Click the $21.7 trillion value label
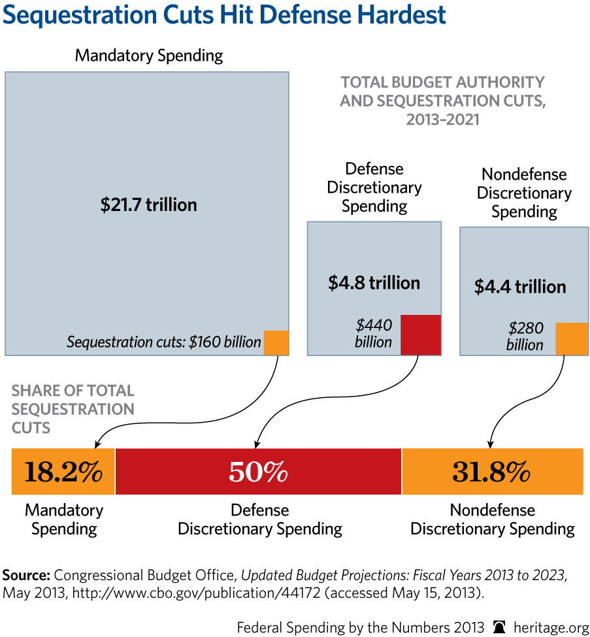pyautogui.click(x=148, y=205)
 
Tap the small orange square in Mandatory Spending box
pyautogui.click(x=276, y=342)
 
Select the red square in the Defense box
pyautogui.click(x=421, y=335)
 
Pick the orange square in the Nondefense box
pyautogui.click(x=572, y=338)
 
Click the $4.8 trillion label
pyautogui.click(x=374, y=283)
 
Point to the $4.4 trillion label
pyautogui.click(x=520, y=287)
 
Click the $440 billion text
pyautogui.click(x=374, y=333)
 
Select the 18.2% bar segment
pyautogui.click(x=63, y=471)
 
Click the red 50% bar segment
pyautogui.click(x=259, y=471)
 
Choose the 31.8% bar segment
pyautogui.click(x=492, y=471)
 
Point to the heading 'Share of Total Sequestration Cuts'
pyautogui.click(x=73, y=409)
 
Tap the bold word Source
pyautogui.click(x=25, y=576)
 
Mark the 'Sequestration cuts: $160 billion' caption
pyautogui.click(x=163, y=342)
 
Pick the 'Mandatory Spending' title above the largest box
pyautogui.click(x=149, y=56)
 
